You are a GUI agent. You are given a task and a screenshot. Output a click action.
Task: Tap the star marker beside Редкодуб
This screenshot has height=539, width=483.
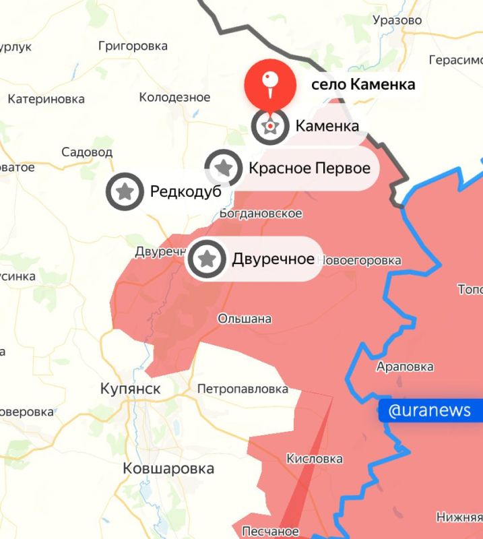pyautogui.click(x=125, y=192)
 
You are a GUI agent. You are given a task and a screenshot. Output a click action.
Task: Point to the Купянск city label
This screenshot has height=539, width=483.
pyautogui.click(x=130, y=389)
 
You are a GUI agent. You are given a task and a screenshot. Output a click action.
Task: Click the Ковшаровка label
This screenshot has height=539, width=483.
pyautogui.click(x=168, y=468)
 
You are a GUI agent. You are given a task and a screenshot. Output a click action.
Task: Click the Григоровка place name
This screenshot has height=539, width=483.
pyautogui.click(x=133, y=46)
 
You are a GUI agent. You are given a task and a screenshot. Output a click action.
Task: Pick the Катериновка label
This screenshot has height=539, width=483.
pyautogui.click(x=46, y=99)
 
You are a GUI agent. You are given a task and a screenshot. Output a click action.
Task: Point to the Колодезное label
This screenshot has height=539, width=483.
pyautogui.click(x=174, y=98)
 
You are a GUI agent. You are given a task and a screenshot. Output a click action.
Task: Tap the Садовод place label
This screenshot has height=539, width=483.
pyautogui.click(x=87, y=152)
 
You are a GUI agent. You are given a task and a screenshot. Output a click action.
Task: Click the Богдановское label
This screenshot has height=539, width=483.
pyautogui.click(x=261, y=214)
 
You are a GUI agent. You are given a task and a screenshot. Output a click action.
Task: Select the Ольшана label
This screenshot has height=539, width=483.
pyautogui.click(x=245, y=319)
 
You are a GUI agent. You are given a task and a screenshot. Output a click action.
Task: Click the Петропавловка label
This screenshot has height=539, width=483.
pyautogui.click(x=243, y=389)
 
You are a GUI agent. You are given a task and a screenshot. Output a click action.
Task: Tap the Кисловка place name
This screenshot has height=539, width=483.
pyautogui.click(x=315, y=459)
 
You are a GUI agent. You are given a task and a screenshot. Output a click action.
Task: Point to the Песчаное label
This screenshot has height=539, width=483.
pyautogui.click(x=271, y=532)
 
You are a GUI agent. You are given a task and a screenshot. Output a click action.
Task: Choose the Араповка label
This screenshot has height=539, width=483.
pyautogui.click(x=404, y=367)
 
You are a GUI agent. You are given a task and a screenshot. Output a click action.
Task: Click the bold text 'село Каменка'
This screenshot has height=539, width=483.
pyautogui.click(x=363, y=85)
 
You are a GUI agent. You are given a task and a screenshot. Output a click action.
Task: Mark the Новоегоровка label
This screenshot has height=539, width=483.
pyautogui.click(x=358, y=260)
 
